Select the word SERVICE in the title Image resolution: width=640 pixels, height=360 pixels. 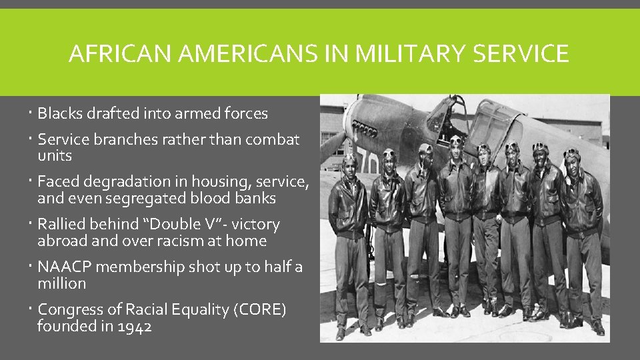[x=520, y=53]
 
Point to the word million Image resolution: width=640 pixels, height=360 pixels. [x=62, y=283]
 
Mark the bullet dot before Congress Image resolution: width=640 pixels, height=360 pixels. [x=32, y=309]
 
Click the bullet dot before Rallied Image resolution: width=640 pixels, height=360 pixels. [x=32, y=225]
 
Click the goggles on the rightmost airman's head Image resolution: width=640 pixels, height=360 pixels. [x=571, y=153]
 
